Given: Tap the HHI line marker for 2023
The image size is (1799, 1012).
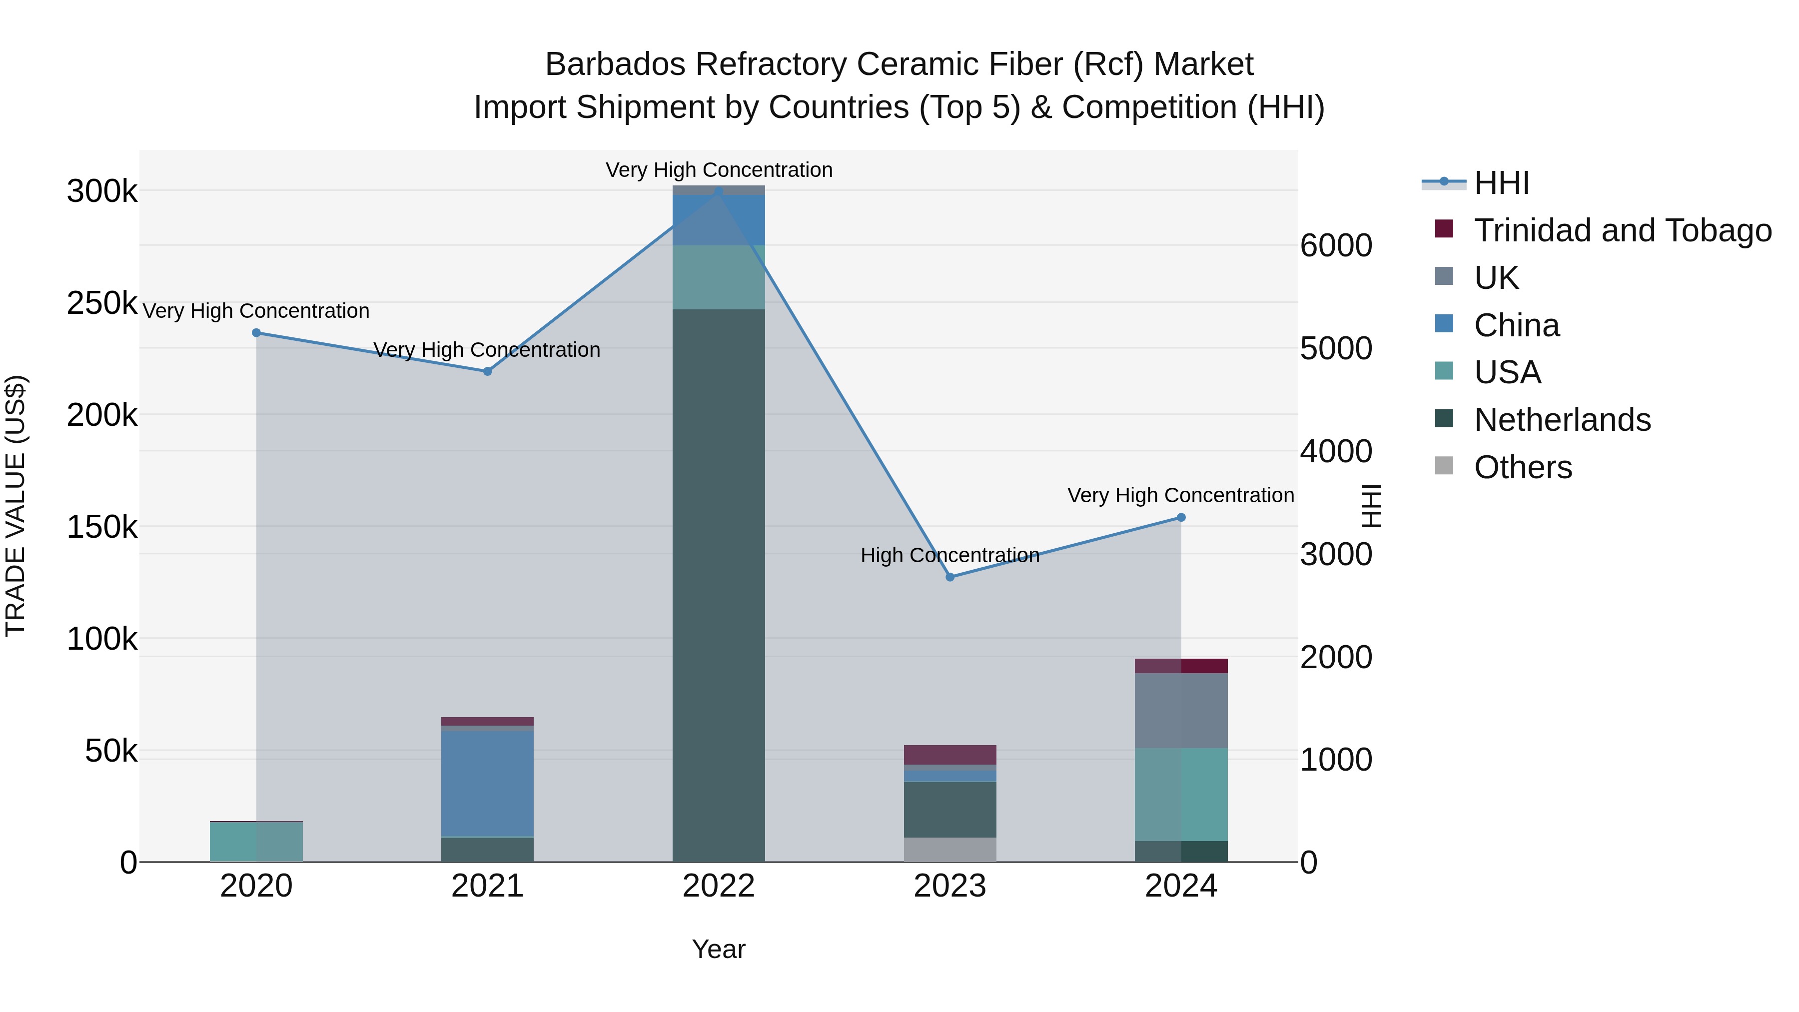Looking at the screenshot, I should coord(950,577).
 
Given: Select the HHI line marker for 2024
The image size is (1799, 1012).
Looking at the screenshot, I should coord(1181,518).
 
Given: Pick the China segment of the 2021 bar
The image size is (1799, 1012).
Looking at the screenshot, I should coord(487,783).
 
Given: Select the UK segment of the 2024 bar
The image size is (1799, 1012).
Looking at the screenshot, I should coord(1181,710).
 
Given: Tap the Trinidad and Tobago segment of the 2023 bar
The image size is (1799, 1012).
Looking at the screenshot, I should coord(950,755).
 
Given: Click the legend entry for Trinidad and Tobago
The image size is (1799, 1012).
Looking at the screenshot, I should coord(1622,230).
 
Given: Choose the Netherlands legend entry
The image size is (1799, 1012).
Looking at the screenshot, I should coord(1562,420).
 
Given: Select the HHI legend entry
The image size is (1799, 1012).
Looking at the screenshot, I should coord(1502,183).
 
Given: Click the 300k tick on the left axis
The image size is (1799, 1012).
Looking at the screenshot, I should coord(102,191).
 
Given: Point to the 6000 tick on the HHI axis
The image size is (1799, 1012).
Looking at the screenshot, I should coord(1336,245).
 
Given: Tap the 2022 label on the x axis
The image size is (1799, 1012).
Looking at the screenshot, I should coord(719,886).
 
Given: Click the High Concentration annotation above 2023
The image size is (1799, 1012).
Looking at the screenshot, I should coord(950,555).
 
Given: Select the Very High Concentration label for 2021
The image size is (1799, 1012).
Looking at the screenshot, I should coord(487,350).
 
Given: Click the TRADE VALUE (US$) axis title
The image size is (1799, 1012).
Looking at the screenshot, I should coord(16,506).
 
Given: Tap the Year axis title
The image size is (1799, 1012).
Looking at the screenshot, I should coord(719,949).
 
